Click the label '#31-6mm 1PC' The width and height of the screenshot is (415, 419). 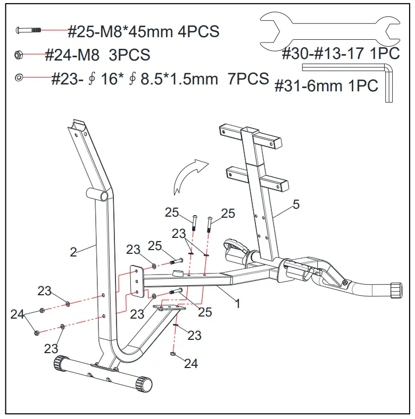326,85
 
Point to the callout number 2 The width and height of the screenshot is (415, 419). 73,252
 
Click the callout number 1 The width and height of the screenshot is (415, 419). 238,304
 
